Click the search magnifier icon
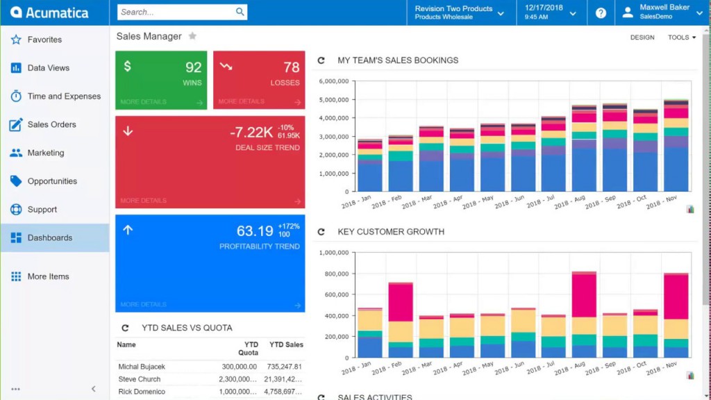pos(240,12)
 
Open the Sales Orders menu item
pos(51,125)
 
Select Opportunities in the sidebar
pos(52,181)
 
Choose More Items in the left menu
pos(48,276)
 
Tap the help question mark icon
pos(601,13)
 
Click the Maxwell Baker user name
pos(664,8)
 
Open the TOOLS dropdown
pos(681,37)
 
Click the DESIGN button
pos(642,37)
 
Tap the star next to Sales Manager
pos(192,36)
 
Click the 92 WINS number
pos(193,67)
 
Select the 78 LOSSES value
pos(291,67)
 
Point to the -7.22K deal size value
pos(251,132)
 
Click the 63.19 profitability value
pos(255,231)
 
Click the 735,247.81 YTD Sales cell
pos(285,367)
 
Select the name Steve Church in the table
pos(140,379)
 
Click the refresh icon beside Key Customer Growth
pos(321,232)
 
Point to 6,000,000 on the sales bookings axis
pos(333,81)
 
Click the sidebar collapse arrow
pos(94,389)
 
